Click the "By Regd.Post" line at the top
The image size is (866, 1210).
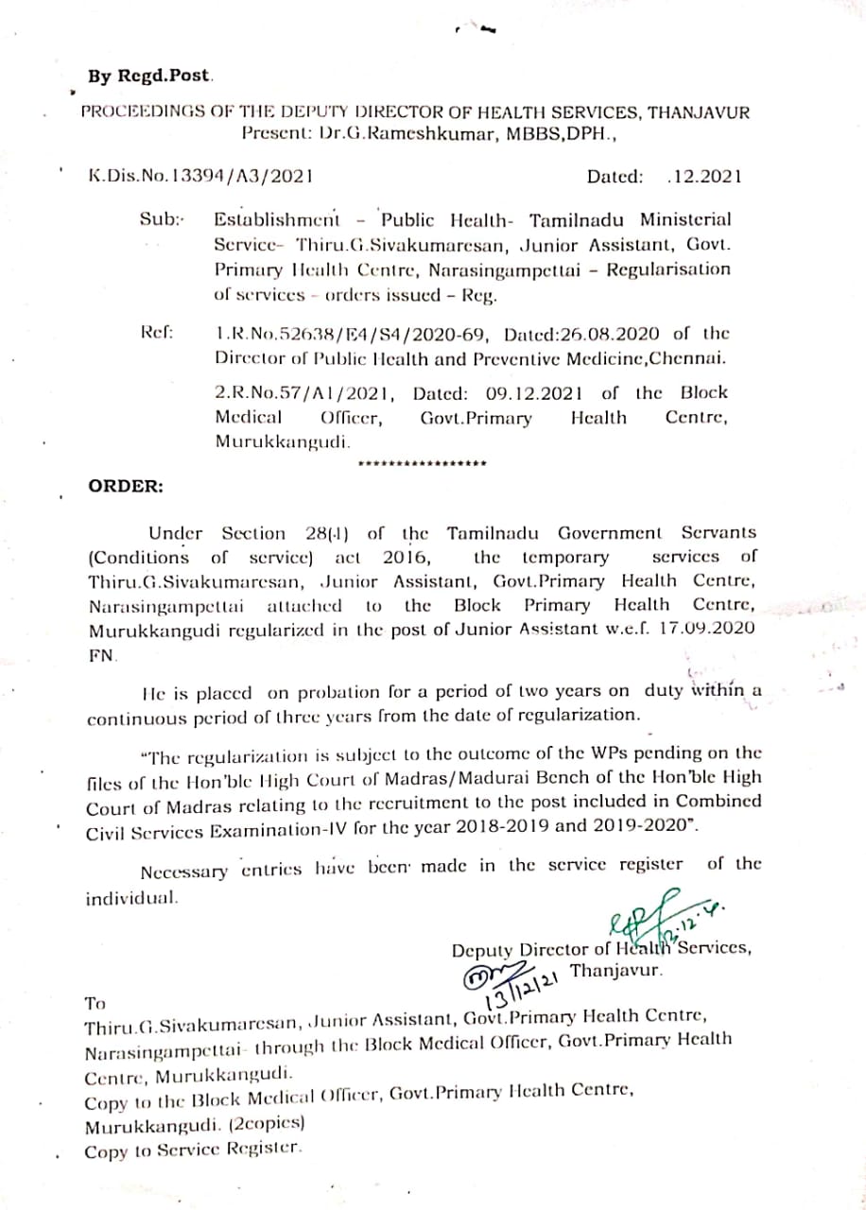click(150, 75)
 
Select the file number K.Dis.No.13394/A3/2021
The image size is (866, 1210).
click(200, 175)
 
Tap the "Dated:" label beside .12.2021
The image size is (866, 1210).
click(615, 176)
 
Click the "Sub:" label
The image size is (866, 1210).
click(162, 219)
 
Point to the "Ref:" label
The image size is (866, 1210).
click(156, 333)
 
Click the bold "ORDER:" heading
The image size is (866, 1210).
click(126, 486)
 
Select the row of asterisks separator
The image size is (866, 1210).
click(424, 463)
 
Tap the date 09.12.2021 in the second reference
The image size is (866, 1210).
click(535, 392)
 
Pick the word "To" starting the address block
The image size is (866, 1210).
click(95, 1002)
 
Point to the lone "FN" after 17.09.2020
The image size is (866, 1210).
click(100, 653)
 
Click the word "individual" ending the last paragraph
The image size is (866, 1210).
click(131, 899)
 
